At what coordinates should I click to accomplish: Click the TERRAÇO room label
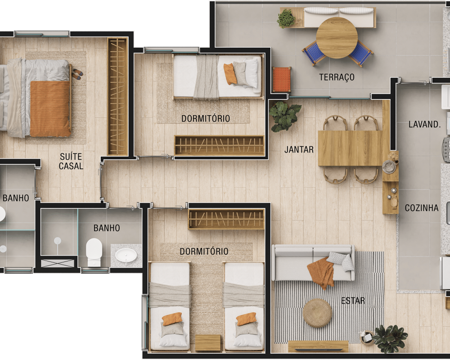pos(337,77)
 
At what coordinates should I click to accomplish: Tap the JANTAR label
pos(299,149)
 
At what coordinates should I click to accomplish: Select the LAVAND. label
pos(424,124)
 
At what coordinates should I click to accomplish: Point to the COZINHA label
pos(422,208)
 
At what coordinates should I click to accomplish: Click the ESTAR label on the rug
pos(353,301)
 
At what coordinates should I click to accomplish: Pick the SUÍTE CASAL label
pos(71,161)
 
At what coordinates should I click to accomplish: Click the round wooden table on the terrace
pos(337,38)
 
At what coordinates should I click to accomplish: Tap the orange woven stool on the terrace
pos(282,80)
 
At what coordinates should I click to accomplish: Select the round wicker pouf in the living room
pos(317,313)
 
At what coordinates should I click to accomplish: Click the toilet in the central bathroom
pos(94,252)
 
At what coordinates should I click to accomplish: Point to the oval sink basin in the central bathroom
pos(126,255)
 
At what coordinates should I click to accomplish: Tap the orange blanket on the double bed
pos(50,108)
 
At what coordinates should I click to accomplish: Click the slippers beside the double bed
pos(77,74)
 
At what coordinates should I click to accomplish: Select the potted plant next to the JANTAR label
pos(284,116)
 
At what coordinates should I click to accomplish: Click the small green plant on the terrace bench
pos(286,18)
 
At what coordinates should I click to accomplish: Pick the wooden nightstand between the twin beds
pos(208,342)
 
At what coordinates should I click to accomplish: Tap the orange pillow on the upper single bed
pos(230,74)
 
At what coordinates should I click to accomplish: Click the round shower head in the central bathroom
pos(58,241)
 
